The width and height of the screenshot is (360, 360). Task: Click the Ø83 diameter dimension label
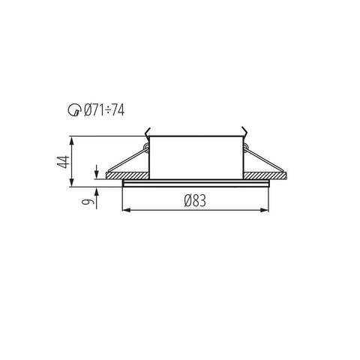(195, 201)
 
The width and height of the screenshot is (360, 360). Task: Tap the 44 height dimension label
(63, 162)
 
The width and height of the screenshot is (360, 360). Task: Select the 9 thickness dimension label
(86, 202)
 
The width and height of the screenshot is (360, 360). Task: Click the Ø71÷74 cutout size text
(104, 110)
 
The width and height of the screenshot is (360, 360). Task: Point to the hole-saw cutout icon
(74, 110)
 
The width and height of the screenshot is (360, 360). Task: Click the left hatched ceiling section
(127, 175)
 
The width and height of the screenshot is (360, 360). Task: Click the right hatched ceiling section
(265, 175)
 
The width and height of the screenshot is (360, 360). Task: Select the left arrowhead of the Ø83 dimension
(127, 210)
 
